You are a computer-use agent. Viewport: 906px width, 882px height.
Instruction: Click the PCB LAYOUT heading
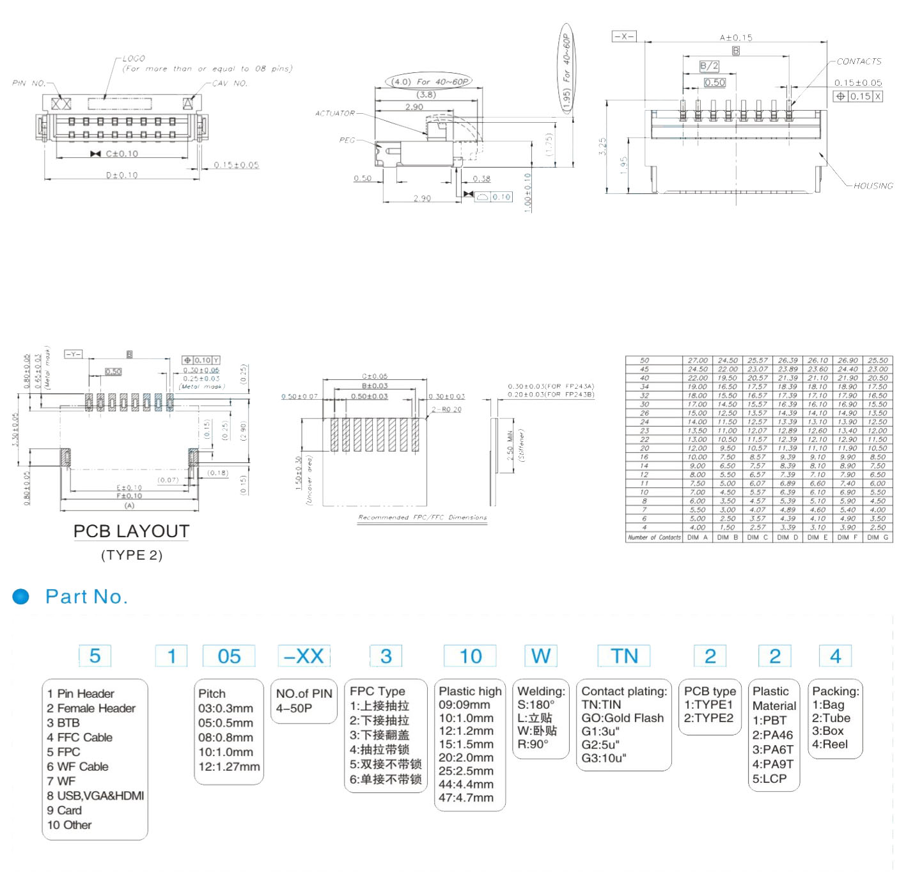tap(131, 532)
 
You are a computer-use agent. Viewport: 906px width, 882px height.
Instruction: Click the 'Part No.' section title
tap(86, 597)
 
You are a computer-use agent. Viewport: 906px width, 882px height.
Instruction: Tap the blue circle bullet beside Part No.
tap(21, 597)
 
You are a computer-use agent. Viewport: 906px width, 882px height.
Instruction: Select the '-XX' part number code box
tap(304, 656)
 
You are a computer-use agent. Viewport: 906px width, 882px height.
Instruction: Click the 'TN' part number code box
tap(624, 656)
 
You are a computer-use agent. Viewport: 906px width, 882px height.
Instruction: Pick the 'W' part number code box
tap(540, 656)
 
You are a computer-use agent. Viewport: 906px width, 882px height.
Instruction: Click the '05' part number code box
tap(229, 656)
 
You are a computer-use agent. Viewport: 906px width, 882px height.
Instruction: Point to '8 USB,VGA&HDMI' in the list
tap(95, 796)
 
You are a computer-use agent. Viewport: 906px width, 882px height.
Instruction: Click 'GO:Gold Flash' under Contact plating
tap(622, 718)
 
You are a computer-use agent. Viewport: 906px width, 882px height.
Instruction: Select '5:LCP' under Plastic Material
tap(769, 779)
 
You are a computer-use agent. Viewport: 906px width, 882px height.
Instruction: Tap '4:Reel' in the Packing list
tap(830, 744)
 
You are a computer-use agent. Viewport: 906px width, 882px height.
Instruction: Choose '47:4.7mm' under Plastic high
tap(466, 798)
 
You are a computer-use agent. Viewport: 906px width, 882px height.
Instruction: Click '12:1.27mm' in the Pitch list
tap(229, 766)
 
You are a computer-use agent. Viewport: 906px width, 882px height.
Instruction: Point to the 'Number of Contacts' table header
tap(654, 538)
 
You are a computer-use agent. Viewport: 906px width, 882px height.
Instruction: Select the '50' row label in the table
tap(644, 361)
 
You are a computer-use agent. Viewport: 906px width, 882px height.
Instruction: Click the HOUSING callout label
tap(873, 186)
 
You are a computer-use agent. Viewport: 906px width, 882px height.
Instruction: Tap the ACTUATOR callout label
tap(334, 113)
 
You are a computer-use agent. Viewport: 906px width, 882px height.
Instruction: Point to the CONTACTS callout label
tap(859, 61)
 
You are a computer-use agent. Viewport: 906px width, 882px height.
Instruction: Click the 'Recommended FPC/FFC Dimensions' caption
tap(422, 517)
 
